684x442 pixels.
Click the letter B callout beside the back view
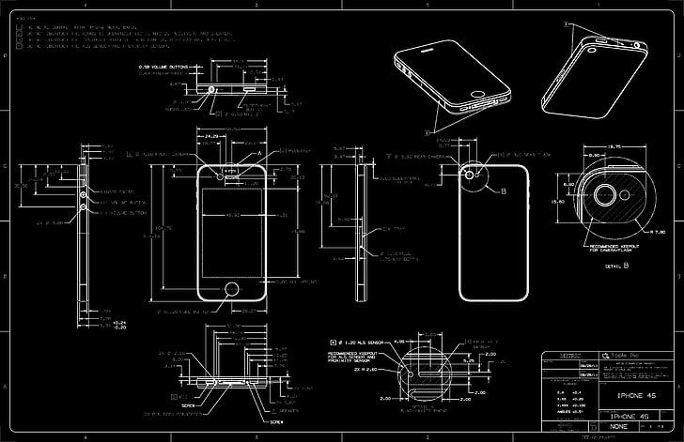(x=503, y=191)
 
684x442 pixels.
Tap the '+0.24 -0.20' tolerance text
(x=118, y=326)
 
